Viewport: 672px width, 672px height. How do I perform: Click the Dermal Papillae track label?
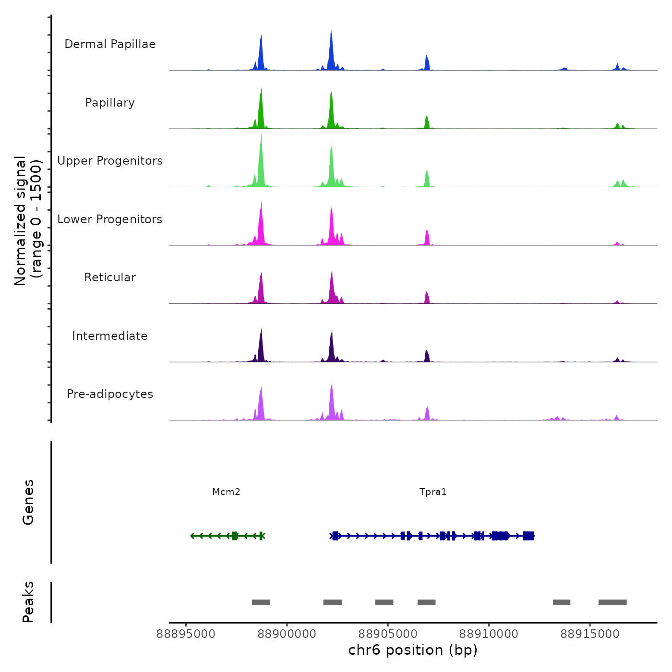[x=110, y=44]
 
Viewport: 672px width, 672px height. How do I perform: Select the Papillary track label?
[x=110, y=103]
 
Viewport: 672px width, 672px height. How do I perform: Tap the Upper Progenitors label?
[x=110, y=161]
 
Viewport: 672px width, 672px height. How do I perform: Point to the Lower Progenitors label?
[x=110, y=219]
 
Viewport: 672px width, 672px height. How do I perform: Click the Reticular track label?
[x=110, y=277]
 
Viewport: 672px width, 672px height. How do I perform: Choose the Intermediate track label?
[x=110, y=336]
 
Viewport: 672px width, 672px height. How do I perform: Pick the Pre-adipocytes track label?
[x=110, y=394]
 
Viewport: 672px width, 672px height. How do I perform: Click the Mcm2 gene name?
[x=226, y=492]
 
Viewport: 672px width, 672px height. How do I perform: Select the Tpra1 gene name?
[x=433, y=492]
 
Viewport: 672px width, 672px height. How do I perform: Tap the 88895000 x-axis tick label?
[x=186, y=634]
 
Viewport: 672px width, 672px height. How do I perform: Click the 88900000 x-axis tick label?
[x=287, y=634]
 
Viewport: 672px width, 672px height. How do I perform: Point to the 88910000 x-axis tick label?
[x=489, y=634]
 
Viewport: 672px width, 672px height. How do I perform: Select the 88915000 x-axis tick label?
[x=590, y=634]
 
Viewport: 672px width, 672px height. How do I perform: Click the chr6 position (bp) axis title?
[x=413, y=650]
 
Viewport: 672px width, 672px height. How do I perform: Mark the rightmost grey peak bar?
[x=612, y=602]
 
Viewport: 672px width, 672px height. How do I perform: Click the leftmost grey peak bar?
[x=261, y=602]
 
